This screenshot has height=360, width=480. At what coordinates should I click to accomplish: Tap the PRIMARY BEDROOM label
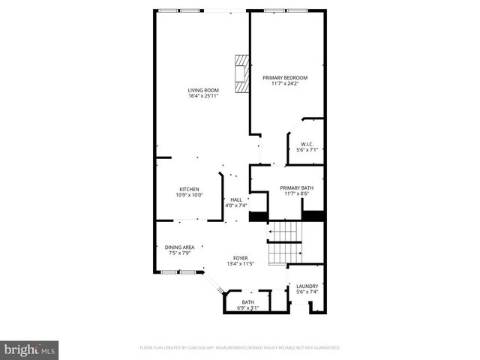click(x=284, y=78)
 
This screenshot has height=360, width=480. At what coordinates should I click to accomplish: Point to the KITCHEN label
click(x=189, y=189)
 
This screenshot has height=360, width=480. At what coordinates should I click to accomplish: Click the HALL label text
click(x=235, y=199)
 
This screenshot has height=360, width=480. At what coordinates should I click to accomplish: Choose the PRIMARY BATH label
click(x=296, y=188)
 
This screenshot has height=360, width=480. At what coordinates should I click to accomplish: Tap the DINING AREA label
click(x=180, y=247)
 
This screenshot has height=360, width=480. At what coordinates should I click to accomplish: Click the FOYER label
click(x=240, y=258)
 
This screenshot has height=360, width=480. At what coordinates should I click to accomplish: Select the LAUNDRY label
click(x=307, y=286)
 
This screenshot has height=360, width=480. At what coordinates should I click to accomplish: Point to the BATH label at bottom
click(x=247, y=302)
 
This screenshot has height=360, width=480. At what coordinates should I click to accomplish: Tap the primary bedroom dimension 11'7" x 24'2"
click(x=284, y=84)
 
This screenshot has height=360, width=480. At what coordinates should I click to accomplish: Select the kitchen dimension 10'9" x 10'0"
click(x=189, y=195)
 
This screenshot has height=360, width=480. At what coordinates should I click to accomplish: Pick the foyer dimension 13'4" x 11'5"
click(x=240, y=264)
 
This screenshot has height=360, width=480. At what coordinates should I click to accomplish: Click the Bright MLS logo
click(x=30, y=350)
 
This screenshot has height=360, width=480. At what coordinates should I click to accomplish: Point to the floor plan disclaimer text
click(x=240, y=348)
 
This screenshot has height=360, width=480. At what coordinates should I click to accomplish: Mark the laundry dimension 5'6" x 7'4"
click(x=307, y=292)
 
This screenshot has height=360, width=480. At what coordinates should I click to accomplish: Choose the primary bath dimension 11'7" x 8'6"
click(x=296, y=194)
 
